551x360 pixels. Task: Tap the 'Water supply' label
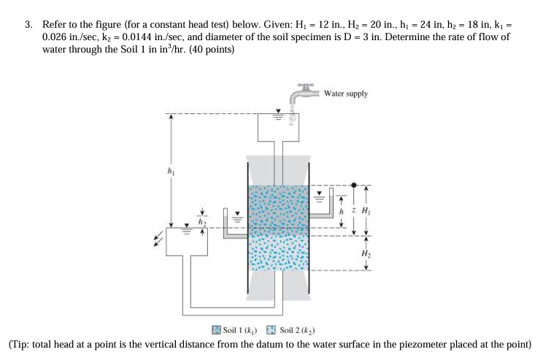(345, 93)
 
